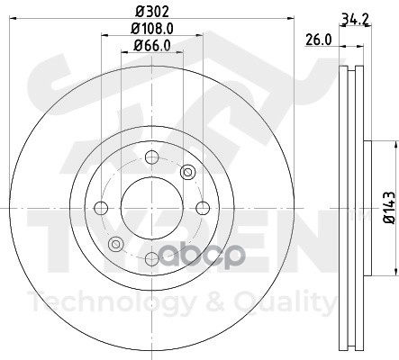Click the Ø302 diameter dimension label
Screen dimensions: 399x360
tap(152, 11)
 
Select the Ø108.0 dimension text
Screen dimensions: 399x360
tap(152, 29)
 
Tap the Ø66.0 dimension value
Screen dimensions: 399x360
tap(152, 46)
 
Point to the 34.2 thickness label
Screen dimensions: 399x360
tap(355, 21)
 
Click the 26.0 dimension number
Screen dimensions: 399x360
tap(319, 40)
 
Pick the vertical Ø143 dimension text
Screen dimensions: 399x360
tap(389, 208)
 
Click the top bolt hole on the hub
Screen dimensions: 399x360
tap(151, 157)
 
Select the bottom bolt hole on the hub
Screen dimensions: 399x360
tap(152, 258)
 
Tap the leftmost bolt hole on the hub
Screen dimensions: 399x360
tap(101, 208)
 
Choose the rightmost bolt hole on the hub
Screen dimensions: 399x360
tap(203, 208)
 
